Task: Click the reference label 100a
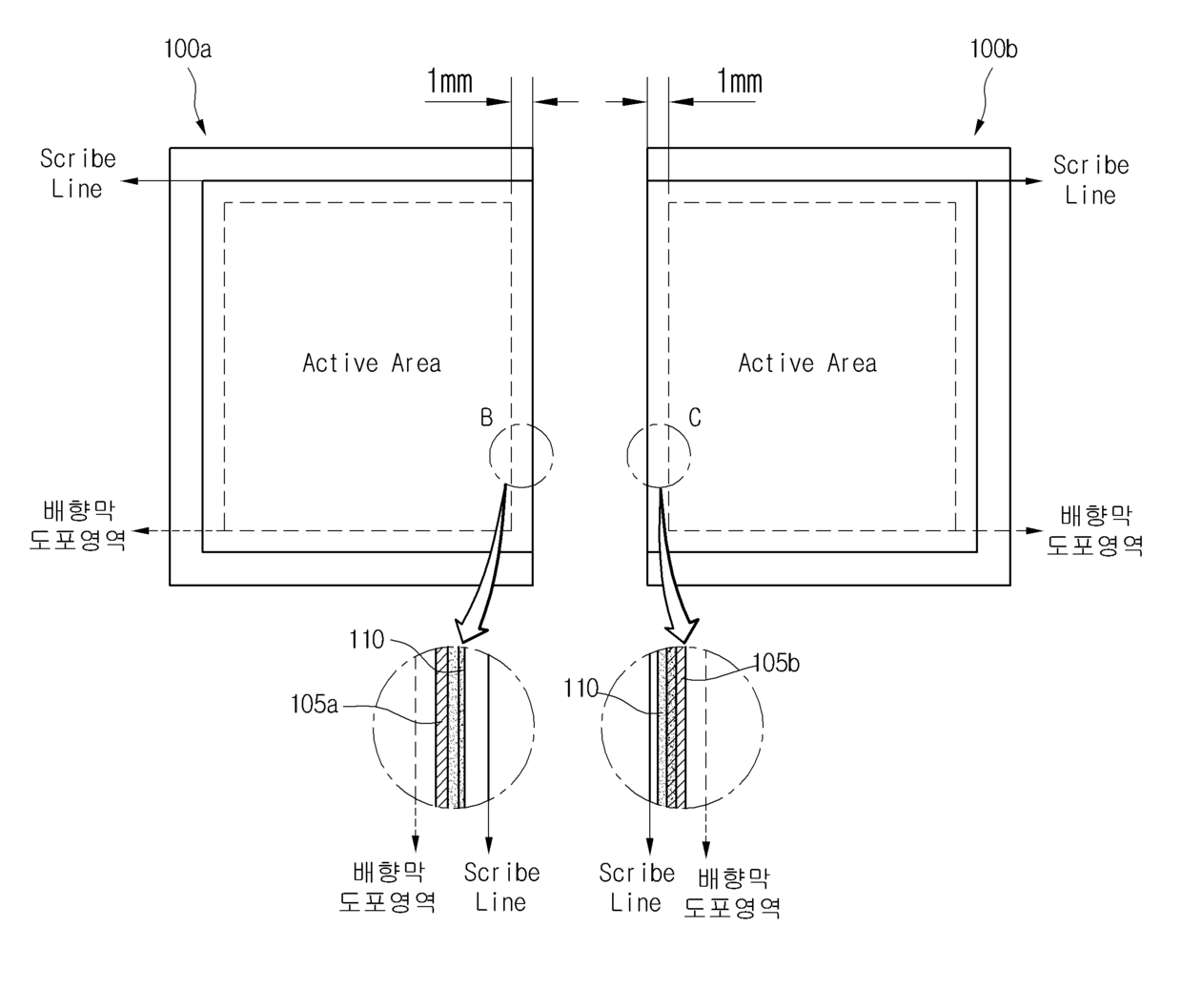tap(188, 48)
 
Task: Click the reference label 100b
tap(993, 48)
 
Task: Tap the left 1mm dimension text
tap(450, 82)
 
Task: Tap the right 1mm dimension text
tap(740, 82)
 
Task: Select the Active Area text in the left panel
tap(372, 363)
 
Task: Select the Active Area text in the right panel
tap(807, 363)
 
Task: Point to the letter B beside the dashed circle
tap(486, 418)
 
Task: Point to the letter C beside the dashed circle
tap(695, 418)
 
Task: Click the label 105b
tap(776, 663)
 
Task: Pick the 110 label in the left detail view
tap(367, 640)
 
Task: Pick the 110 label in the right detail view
tap(581, 689)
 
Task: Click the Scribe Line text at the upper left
tap(77, 174)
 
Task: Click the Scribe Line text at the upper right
tap(1090, 180)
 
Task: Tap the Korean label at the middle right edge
tap(1095, 531)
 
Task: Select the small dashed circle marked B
tap(520, 455)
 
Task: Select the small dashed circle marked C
tap(658, 455)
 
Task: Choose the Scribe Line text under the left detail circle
tap(501, 887)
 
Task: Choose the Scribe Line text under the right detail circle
tap(637, 888)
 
